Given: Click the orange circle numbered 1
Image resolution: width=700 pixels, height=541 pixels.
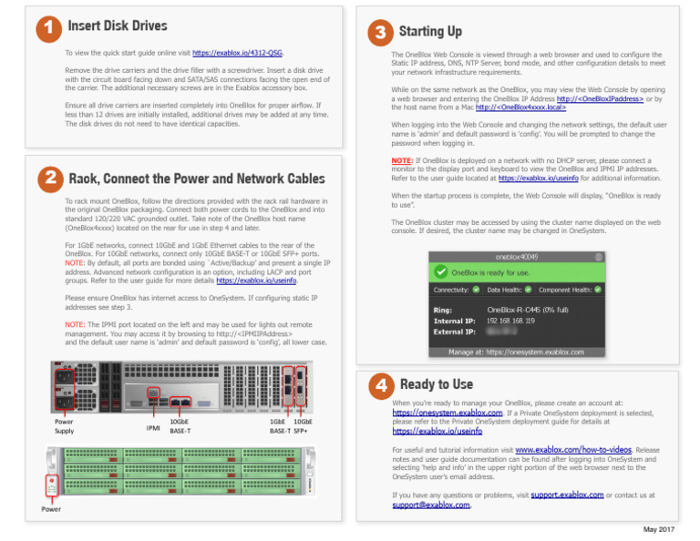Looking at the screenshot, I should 41,30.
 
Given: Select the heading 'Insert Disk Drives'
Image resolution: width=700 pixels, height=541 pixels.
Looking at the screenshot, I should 118,26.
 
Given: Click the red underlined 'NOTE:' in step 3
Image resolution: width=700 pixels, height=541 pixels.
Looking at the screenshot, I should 403,159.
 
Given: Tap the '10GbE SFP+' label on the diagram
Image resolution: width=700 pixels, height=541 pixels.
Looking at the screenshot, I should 304,427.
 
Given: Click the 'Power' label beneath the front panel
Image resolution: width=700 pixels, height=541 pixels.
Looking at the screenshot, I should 52,509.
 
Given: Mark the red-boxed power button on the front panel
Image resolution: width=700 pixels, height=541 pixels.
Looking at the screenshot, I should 52,484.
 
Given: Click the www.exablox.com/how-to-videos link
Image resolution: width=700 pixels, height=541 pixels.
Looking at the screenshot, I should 573,450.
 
